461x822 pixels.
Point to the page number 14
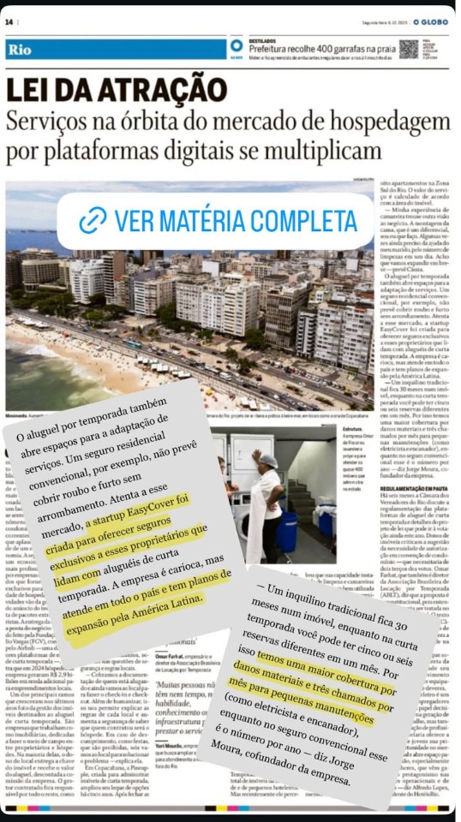[x=9, y=19]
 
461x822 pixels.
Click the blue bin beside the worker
[x=286, y=531]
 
